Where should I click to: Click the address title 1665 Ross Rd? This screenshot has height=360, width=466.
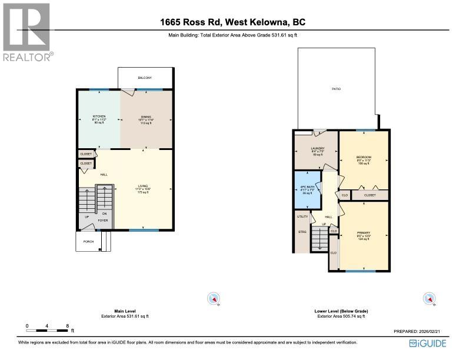(x=233, y=23)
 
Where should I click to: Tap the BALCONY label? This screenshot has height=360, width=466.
(x=145, y=78)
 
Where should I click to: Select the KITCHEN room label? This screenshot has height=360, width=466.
(x=98, y=118)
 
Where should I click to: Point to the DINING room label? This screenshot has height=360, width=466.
(x=146, y=118)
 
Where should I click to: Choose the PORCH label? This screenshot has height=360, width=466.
(x=81, y=241)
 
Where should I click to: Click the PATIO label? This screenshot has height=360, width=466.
(x=336, y=89)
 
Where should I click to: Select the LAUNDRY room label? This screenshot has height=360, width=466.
(x=317, y=148)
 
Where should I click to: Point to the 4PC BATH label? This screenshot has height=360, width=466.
(x=307, y=186)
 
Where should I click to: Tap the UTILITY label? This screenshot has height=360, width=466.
(x=302, y=216)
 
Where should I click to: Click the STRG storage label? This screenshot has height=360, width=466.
(x=302, y=231)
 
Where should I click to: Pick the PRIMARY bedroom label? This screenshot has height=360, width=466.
(x=364, y=233)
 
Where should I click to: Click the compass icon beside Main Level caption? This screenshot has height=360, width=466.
(x=213, y=299)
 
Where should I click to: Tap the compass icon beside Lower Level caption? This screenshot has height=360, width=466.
(x=431, y=299)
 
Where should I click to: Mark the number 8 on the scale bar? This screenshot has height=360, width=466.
(x=68, y=325)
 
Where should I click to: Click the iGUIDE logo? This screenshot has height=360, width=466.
(x=428, y=343)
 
